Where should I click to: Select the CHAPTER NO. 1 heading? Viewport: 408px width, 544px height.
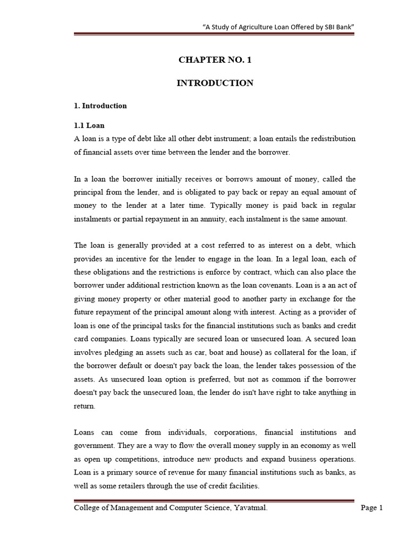pyautogui.click(x=215, y=60)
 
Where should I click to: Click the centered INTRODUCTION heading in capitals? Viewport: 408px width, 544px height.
pyautogui.click(x=215, y=83)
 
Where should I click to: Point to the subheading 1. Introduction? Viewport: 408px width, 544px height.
pyautogui.click(x=100, y=106)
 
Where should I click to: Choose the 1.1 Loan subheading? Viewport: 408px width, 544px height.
pyautogui.click(x=89, y=126)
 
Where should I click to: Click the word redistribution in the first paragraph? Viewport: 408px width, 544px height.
pyautogui.click(x=329, y=139)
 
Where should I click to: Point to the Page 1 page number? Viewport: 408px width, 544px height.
pyautogui.click(x=372, y=508)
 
